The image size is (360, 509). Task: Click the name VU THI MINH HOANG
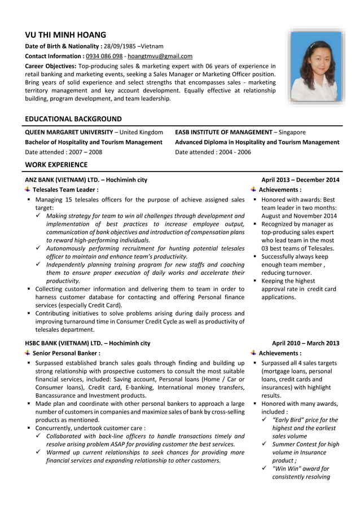[65, 34]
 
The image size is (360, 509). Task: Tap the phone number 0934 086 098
[104, 56]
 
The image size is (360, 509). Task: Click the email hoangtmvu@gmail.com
[160, 56]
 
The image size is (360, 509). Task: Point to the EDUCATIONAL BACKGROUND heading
[73, 119]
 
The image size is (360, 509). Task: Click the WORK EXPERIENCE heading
[56, 165]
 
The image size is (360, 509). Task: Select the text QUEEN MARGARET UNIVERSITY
[69, 132]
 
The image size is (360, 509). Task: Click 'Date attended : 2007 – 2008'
[64, 152]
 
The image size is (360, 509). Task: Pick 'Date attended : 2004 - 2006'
[213, 152]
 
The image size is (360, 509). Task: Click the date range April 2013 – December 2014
[300, 180]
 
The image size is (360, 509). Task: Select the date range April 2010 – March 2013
[305, 343]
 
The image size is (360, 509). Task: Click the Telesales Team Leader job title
[65, 190]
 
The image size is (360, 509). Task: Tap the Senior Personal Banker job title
[67, 353]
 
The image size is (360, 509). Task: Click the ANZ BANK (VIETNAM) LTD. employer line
[86, 180]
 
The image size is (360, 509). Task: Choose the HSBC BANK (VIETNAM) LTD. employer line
[87, 343]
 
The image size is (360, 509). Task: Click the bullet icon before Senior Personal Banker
[28, 353]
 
